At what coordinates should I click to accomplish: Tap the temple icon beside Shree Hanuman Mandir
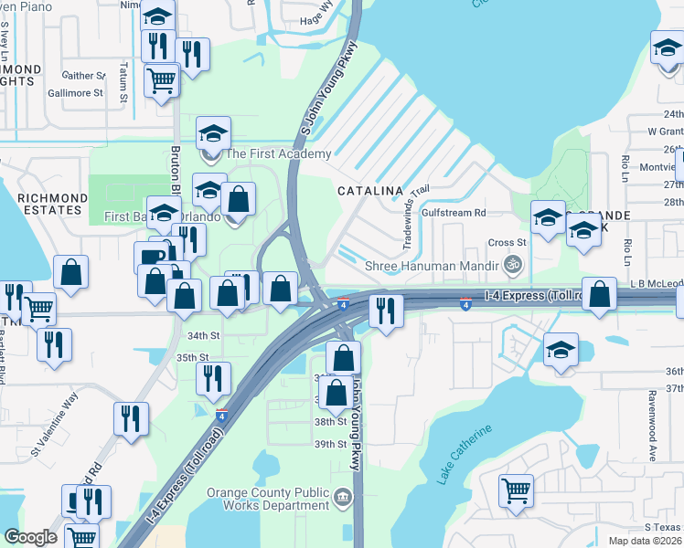tap(513, 266)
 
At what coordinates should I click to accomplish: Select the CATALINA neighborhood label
tap(370, 191)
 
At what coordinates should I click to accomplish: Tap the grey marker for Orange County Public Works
tap(342, 498)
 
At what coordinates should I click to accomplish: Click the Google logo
tap(30, 537)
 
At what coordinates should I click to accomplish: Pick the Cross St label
tap(507, 243)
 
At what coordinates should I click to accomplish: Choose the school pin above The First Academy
tap(213, 133)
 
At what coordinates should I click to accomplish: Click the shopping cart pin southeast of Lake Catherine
tap(516, 490)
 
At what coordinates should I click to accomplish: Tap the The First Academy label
tap(278, 154)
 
